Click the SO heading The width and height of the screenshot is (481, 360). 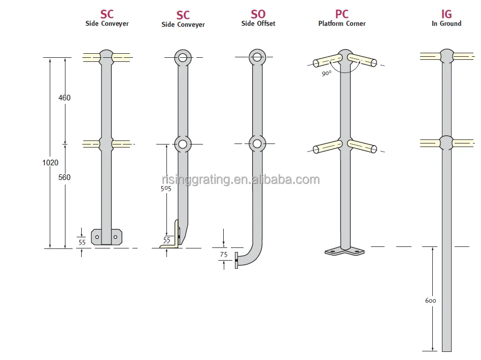coord(258,14)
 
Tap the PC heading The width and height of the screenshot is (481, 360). coord(342,14)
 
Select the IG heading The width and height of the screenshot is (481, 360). coord(446,14)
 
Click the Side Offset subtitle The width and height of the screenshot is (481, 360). coord(258,24)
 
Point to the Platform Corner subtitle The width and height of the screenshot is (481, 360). coord(342,23)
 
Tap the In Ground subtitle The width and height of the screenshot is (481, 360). coord(446,23)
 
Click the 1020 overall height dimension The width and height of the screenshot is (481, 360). coord(51,163)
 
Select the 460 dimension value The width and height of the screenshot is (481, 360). coord(64,98)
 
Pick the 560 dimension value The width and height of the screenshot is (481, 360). coord(64,177)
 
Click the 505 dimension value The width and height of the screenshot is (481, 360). coord(166,188)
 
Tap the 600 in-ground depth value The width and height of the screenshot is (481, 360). coord(430,301)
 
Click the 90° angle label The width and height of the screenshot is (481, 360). coord(326,73)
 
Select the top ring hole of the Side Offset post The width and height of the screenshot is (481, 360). coord(257,57)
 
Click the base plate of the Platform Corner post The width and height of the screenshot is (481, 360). coord(345,251)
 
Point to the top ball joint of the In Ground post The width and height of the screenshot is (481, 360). coord(446,56)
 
